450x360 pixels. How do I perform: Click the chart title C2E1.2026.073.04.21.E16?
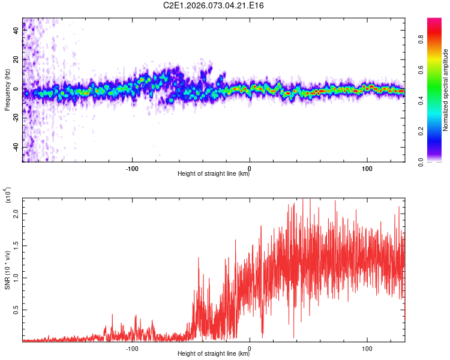[214, 5]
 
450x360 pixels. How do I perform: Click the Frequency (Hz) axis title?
[7, 90]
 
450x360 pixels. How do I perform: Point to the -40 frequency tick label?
[16, 147]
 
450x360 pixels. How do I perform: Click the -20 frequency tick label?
[16, 118]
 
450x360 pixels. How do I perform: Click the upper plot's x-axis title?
[214, 174]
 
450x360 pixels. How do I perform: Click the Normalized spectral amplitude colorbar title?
[446, 90]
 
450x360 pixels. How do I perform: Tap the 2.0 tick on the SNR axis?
[17, 213]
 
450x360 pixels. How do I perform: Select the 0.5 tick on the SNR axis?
[17, 310]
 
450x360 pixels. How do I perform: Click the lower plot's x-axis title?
[214, 354]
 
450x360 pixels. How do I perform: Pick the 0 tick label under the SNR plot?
[250, 347]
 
